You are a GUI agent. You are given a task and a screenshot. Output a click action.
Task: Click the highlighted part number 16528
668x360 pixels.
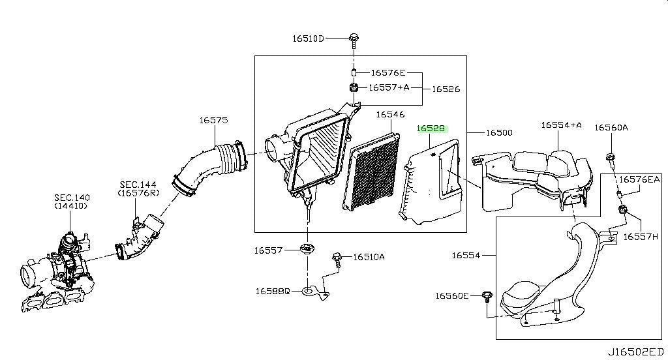tap(431, 128)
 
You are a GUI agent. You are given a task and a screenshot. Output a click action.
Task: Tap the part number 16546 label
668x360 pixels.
tap(390, 114)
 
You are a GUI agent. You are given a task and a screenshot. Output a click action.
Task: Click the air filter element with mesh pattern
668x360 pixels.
tap(371, 172)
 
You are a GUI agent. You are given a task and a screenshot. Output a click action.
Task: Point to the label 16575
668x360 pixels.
tap(213, 120)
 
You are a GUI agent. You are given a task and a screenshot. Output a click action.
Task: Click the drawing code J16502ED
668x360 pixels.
tap(635, 352)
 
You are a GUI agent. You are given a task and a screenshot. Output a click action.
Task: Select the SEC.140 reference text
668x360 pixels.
tap(72, 197)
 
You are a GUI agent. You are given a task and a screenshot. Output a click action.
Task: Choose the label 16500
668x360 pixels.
tap(499, 133)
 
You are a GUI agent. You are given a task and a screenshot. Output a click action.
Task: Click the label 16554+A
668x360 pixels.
tap(561, 125)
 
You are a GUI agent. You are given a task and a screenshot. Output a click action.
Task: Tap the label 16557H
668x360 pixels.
tap(641, 237)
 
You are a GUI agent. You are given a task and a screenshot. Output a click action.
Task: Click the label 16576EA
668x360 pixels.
tap(639, 179)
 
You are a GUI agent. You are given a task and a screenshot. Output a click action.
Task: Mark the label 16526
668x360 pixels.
tap(446, 89)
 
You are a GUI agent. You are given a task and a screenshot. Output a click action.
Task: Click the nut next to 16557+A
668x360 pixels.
tap(353, 88)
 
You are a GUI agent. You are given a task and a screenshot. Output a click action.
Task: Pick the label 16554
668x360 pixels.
tap(466, 255)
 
